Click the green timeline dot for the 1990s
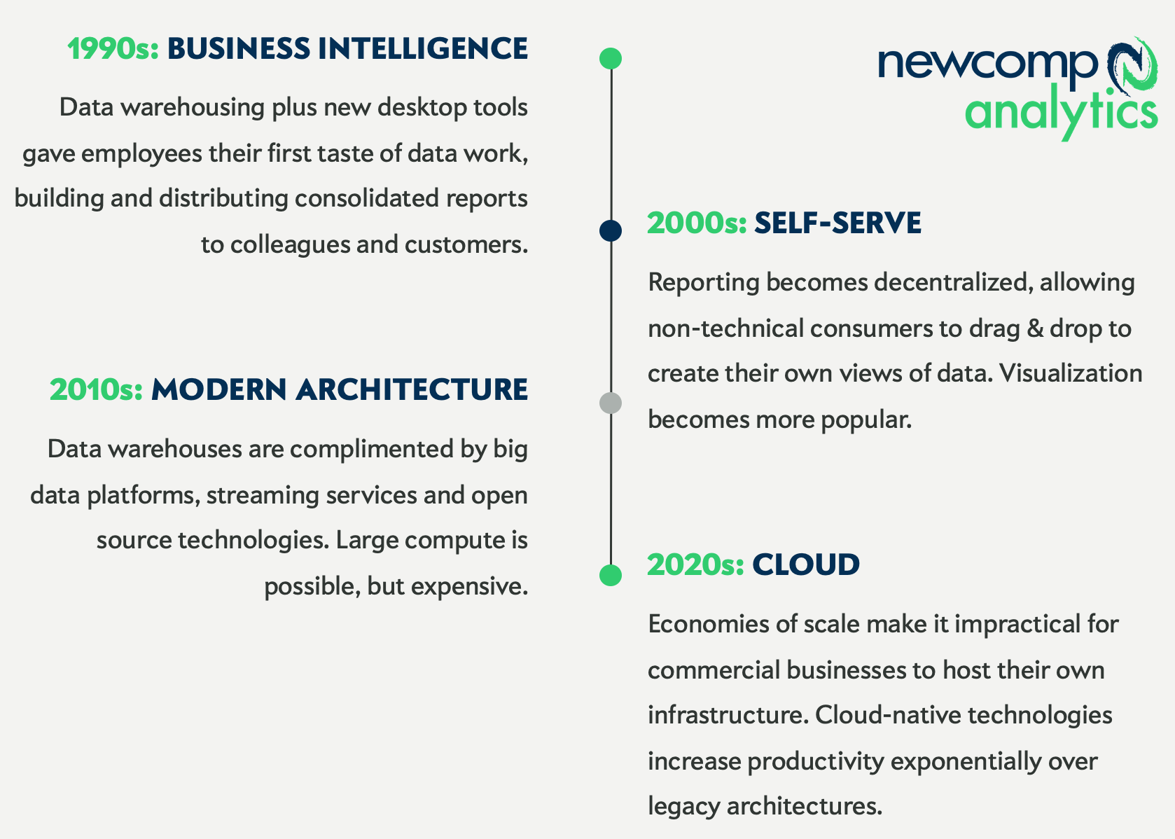tap(611, 59)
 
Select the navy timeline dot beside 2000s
tap(611, 230)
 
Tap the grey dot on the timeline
tap(611, 403)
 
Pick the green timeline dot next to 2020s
tap(611, 575)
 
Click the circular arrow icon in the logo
tap(1129, 68)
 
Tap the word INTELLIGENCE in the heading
tap(422, 49)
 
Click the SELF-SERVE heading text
tap(837, 223)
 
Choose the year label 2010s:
tap(96, 390)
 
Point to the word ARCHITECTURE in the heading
tap(411, 390)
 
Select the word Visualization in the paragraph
tap(1071, 373)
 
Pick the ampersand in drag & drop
tap(1035, 328)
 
